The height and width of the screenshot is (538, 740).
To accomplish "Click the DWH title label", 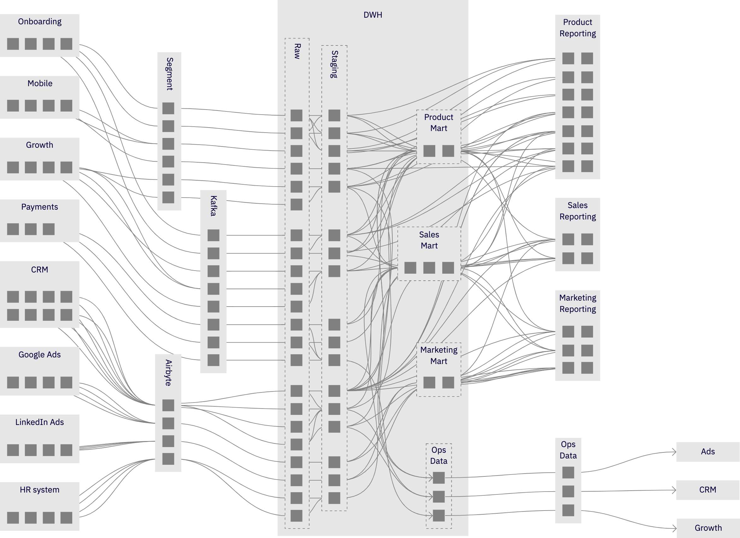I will [x=373, y=15].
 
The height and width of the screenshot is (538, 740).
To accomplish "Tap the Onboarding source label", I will [x=40, y=21].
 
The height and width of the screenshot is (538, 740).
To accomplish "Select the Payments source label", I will [x=39, y=207].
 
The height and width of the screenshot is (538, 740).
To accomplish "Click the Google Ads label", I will [x=39, y=355].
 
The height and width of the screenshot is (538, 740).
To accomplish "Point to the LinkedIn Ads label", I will [x=39, y=422].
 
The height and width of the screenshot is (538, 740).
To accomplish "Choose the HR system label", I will [x=39, y=490].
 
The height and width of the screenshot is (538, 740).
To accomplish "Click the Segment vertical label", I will [x=169, y=74].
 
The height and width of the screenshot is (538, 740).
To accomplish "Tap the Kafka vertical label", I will [x=213, y=206].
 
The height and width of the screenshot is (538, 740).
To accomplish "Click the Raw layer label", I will [x=297, y=51].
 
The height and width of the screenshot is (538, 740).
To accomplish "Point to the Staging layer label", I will [x=334, y=64].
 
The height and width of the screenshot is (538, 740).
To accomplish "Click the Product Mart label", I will [x=438, y=123].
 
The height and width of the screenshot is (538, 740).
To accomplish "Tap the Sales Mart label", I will [x=429, y=240].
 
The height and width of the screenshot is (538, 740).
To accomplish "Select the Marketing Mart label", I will [x=438, y=356].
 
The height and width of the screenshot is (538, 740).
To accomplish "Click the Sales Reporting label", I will [x=578, y=211].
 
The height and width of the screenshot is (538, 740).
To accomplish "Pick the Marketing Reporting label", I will [x=578, y=303].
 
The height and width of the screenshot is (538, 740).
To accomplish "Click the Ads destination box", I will [x=708, y=452].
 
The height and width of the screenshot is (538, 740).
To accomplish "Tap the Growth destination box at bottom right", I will [x=708, y=528].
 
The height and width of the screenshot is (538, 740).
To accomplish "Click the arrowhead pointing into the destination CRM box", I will [x=674, y=490].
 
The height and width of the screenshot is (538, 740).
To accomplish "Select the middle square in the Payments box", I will [x=31, y=229].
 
